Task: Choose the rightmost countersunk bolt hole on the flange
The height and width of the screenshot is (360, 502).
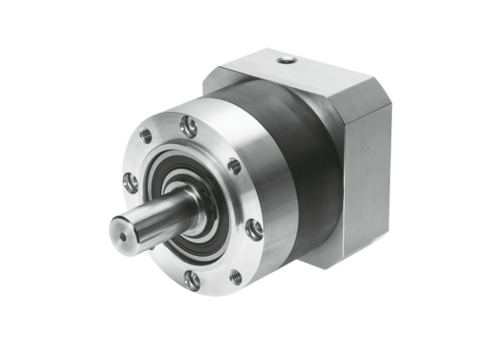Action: (x=254, y=228)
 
